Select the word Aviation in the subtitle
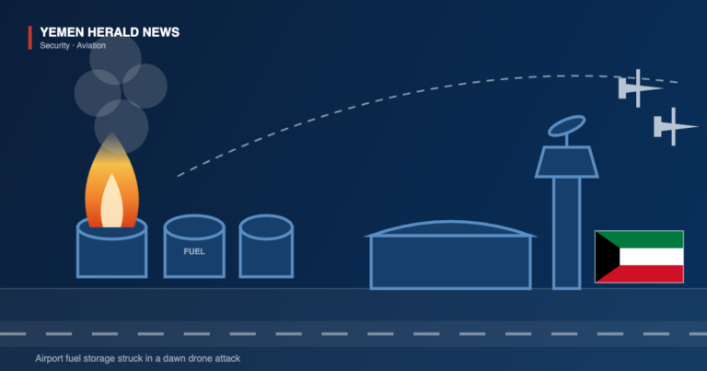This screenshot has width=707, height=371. click(91, 45)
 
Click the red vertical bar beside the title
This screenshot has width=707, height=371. click(30, 38)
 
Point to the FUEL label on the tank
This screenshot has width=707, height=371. click(194, 251)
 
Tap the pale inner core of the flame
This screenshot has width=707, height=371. click(111, 202)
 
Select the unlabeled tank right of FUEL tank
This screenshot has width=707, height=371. click(266, 246)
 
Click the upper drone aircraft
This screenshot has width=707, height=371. click(640, 88)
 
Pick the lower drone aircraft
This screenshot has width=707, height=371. click(675, 127)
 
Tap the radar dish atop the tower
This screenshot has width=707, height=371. click(567, 126)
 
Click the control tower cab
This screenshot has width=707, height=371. click(567, 162)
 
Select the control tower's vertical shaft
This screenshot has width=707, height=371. click(567, 233)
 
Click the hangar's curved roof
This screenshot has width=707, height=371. click(450, 228)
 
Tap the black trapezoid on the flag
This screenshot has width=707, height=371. click(604, 257)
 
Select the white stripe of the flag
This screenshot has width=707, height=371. click(652, 257)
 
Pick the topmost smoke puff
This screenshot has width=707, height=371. click(115, 59)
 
